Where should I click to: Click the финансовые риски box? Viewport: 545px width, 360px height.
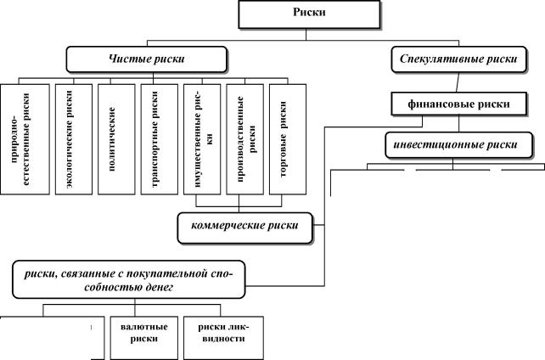[x=462, y=104]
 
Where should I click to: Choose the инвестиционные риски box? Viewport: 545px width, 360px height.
[x=462, y=143]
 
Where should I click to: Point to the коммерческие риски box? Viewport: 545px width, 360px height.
[x=244, y=226]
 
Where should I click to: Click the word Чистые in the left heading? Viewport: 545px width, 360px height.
[x=124, y=59]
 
